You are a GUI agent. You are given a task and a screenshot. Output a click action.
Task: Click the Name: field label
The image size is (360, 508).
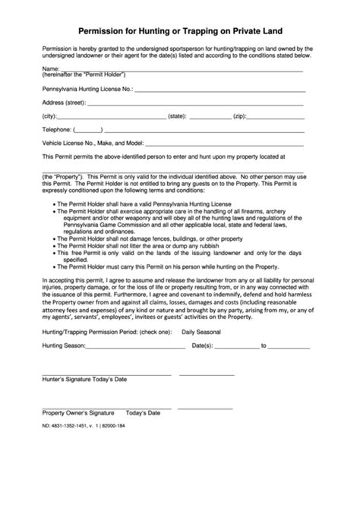click(x=51, y=69)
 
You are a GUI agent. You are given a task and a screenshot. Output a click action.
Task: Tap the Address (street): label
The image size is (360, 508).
click(x=64, y=102)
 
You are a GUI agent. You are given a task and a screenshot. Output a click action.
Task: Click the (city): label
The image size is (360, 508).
click(x=50, y=116)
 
